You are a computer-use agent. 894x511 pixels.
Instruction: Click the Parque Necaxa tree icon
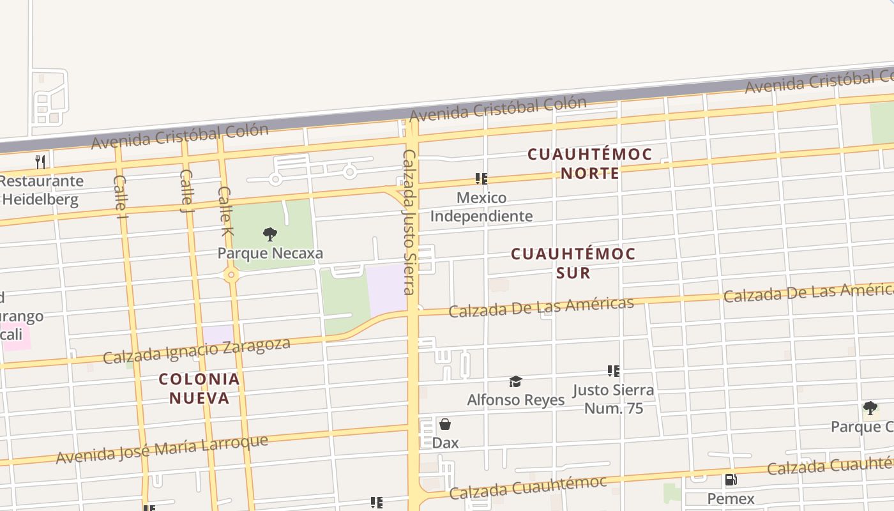coord(270,234)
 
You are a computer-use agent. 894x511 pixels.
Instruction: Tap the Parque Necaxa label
coord(270,253)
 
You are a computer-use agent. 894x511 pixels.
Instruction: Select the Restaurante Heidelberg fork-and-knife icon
coord(40,162)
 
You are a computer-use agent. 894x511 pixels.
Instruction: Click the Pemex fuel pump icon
coord(731,480)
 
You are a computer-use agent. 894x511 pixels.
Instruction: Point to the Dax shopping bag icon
coord(445,424)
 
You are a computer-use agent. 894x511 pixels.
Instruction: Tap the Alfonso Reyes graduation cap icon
coord(515,381)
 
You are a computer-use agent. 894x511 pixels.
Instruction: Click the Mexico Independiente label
coord(481,207)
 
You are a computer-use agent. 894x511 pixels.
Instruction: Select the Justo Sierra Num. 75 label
coord(613,399)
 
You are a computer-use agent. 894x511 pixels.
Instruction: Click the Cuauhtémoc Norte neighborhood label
coord(589,164)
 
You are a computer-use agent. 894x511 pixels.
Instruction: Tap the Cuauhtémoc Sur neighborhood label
coord(573,263)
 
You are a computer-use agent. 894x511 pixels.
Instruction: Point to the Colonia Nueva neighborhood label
coord(199,388)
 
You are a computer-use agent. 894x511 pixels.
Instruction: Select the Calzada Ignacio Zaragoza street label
coord(197,351)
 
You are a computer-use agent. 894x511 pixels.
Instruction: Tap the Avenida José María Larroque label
coord(162,450)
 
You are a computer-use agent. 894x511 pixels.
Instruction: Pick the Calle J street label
coord(186,190)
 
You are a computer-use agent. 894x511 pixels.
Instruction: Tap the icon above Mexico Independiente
coord(481,178)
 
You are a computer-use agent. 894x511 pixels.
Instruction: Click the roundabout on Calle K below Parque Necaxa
coord(231,275)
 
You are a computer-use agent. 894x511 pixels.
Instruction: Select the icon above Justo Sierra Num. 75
coord(613,370)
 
